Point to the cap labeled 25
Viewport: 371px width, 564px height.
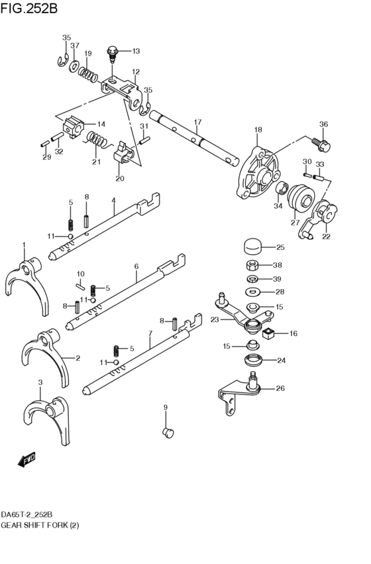pyautogui.click(x=252, y=247)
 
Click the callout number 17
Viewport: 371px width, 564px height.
pyautogui.click(x=197, y=122)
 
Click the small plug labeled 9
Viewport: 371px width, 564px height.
pyautogui.click(x=168, y=432)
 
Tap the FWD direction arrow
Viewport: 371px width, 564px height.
pyautogui.click(x=26, y=459)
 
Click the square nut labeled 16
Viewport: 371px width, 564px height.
pyautogui.click(x=269, y=334)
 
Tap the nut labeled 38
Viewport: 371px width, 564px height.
pyautogui.click(x=252, y=266)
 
